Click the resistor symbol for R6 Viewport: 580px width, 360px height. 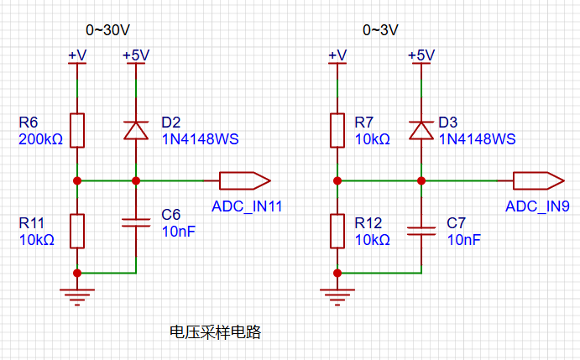click(77, 131)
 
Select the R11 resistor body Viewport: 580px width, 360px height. click(77, 231)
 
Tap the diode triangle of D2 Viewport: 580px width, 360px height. click(136, 131)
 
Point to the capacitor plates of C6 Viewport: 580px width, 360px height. click(136, 222)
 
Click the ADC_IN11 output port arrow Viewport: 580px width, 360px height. click(245, 181)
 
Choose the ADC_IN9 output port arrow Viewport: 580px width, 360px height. click(539, 181)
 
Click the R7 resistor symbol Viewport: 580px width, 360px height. click(337, 131)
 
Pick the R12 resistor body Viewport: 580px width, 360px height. click(337, 231)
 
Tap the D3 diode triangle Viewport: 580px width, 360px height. click(421, 131)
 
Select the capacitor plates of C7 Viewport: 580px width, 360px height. click(421, 232)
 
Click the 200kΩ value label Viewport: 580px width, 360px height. click(40, 139)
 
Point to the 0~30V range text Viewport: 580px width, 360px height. click(107, 30)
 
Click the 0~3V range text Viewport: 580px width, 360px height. click(380, 30)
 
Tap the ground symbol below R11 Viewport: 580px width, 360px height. click(77, 297)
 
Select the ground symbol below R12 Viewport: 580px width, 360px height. click(337, 297)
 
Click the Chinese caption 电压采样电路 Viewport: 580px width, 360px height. click(215, 332)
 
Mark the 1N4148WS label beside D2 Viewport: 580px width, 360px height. click(200, 139)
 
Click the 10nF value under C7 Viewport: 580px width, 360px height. click(464, 240)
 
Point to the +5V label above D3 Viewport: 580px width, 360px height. click(421, 55)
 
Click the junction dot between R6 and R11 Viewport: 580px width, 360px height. click(77, 181)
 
